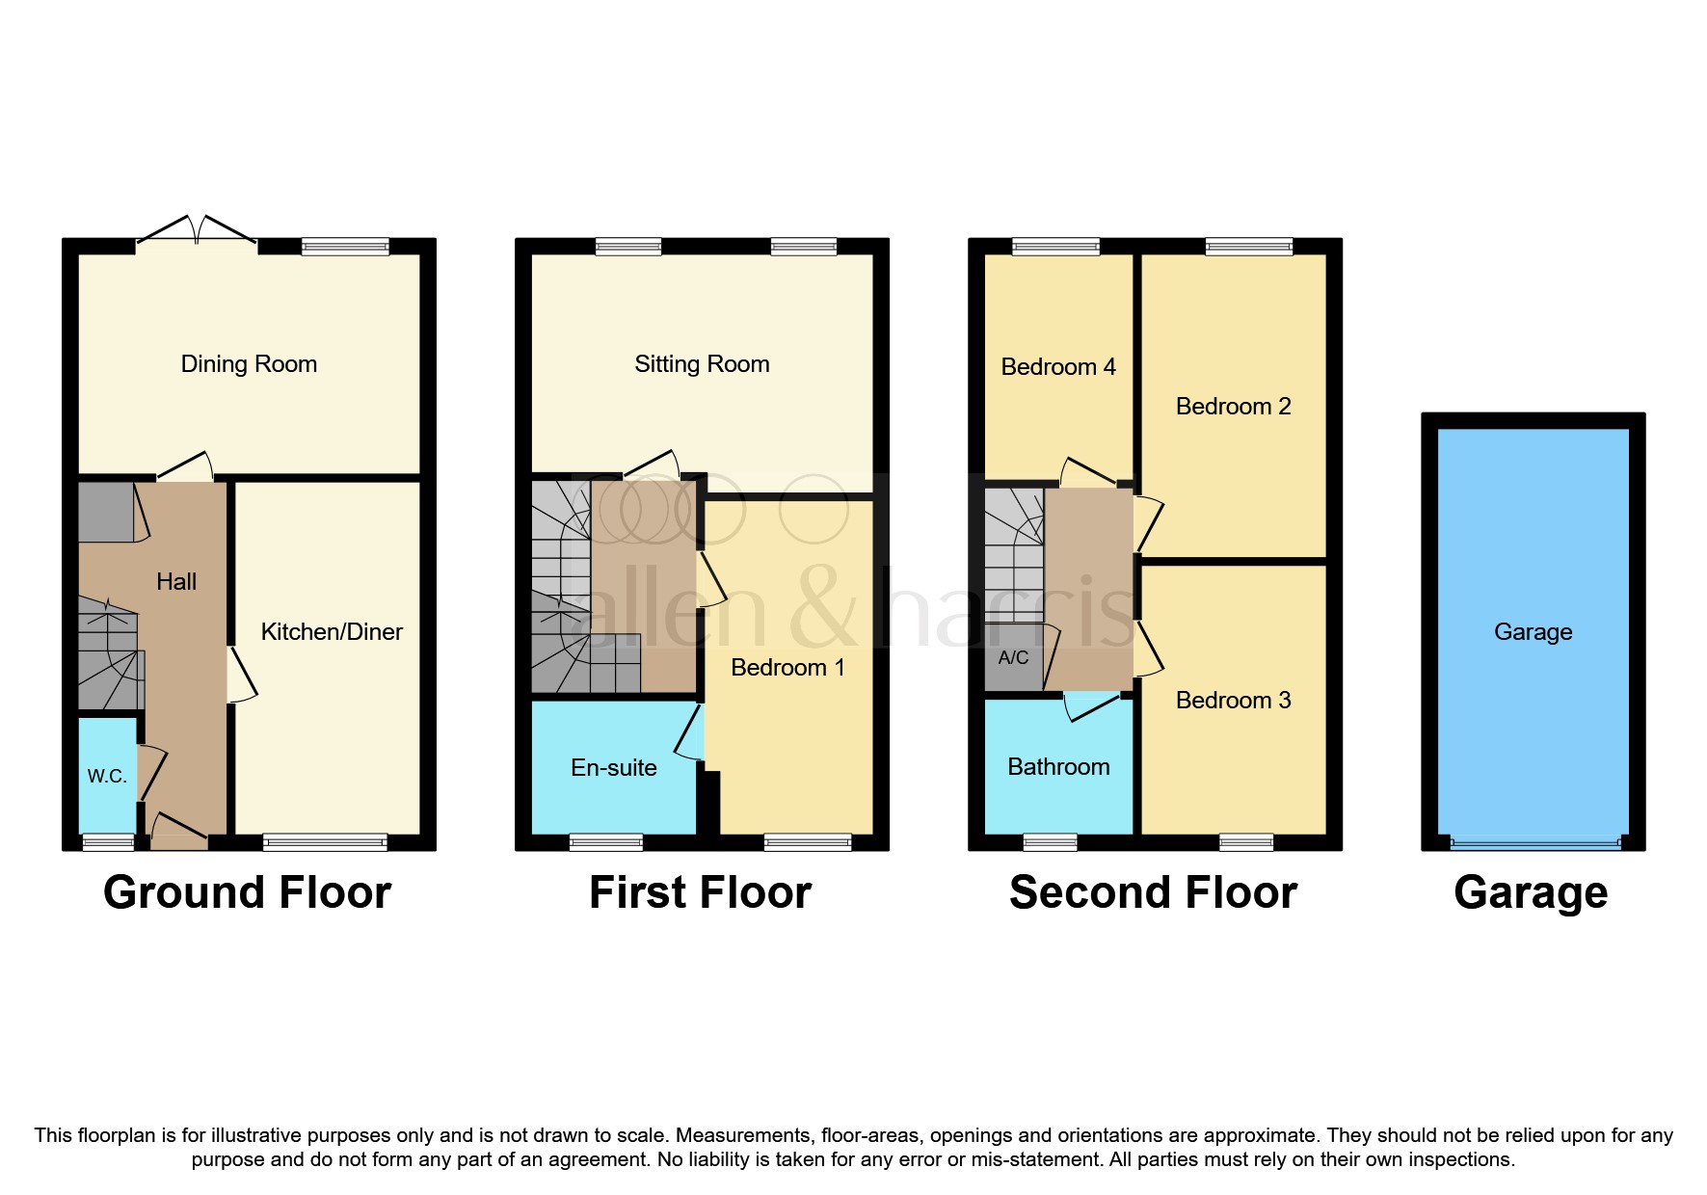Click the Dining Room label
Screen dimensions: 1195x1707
249,364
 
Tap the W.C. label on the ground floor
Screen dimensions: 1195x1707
107,777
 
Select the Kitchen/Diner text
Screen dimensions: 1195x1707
332,632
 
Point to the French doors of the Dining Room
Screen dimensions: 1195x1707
197,231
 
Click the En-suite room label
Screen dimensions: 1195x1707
614,768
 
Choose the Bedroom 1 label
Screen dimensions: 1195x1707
787,668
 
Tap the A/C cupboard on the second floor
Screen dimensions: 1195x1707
1013,658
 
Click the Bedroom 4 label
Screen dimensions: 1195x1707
1058,367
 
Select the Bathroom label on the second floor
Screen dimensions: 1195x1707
1058,767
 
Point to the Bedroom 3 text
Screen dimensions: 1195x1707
1233,701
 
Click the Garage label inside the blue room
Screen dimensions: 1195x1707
1533,632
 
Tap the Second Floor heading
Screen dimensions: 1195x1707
1153,892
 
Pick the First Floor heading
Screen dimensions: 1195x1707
700,892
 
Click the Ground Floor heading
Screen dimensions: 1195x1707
247,892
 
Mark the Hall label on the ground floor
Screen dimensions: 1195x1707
176,582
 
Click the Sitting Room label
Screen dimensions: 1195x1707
702,364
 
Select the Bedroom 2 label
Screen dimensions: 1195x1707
1233,407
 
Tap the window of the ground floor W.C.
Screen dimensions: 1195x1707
108,842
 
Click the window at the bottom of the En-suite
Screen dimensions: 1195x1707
606,842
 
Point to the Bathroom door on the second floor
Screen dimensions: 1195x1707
1090,707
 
